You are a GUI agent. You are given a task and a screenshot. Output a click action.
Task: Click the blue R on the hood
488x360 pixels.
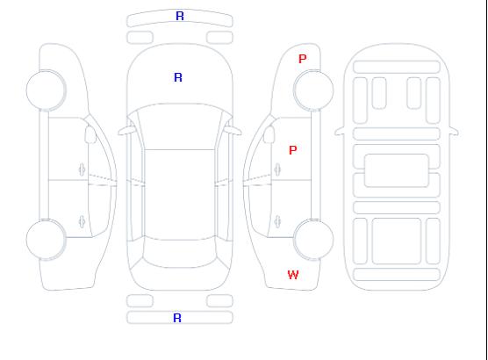click(x=178, y=77)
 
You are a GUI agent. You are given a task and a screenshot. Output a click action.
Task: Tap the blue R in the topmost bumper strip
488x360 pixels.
click(x=180, y=16)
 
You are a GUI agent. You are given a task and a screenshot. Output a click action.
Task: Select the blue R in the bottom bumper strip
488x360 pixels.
click(x=177, y=318)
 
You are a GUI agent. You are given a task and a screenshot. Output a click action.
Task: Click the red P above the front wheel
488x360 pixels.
click(x=303, y=59)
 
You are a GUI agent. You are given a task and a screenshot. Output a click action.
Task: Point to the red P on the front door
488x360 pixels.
click(x=293, y=150)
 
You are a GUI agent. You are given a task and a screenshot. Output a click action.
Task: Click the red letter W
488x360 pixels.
click(x=293, y=275)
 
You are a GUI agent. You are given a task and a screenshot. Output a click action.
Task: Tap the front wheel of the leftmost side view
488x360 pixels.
click(x=46, y=90)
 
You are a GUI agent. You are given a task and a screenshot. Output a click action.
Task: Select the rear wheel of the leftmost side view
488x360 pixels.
click(x=46, y=240)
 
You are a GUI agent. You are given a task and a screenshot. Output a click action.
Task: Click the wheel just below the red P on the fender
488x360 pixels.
click(x=313, y=90)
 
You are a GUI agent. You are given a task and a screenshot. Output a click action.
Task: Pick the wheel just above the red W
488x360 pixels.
click(x=313, y=240)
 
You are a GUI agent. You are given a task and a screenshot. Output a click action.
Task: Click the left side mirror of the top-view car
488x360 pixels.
click(x=126, y=131)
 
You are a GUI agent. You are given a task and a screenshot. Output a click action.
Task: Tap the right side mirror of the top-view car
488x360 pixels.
click(x=233, y=131)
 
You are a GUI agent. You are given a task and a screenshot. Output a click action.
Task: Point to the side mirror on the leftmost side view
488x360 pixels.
click(x=90, y=134)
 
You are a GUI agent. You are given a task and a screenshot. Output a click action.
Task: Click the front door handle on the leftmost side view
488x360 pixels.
click(x=82, y=169)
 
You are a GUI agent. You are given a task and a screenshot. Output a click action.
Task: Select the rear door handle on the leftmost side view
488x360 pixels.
click(x=82, y=221)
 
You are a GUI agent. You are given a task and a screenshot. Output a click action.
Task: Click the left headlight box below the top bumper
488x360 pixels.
click(x=140, y=38)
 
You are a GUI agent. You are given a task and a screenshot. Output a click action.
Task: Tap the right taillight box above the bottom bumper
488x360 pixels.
click(x=219, y=301)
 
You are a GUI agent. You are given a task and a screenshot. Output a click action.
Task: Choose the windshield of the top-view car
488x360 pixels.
click(x=180, y=126)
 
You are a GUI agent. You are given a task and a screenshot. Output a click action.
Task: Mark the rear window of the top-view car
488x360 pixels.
click(x=180, y=254)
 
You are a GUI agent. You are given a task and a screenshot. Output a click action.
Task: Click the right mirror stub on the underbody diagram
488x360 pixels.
click(x=454, y=131)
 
